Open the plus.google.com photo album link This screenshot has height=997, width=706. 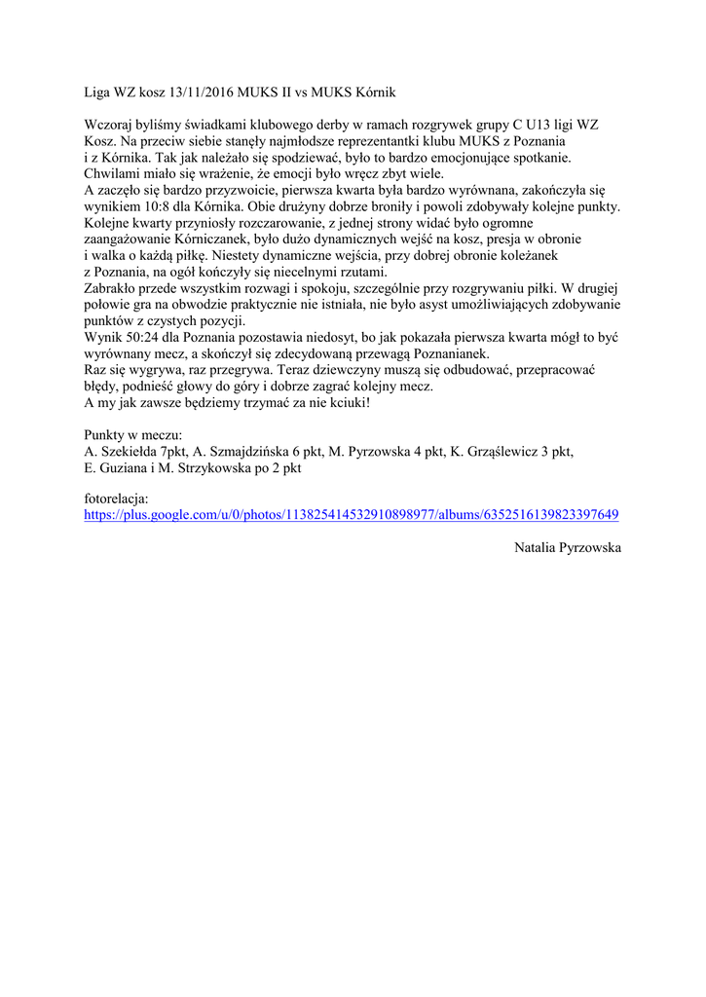click(x=352, y=515)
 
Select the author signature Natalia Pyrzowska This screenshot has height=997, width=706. click(x=567, y=548)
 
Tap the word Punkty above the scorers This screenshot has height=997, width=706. click(x=106, y=435)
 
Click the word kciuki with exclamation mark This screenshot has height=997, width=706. click(x=345, y=402)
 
